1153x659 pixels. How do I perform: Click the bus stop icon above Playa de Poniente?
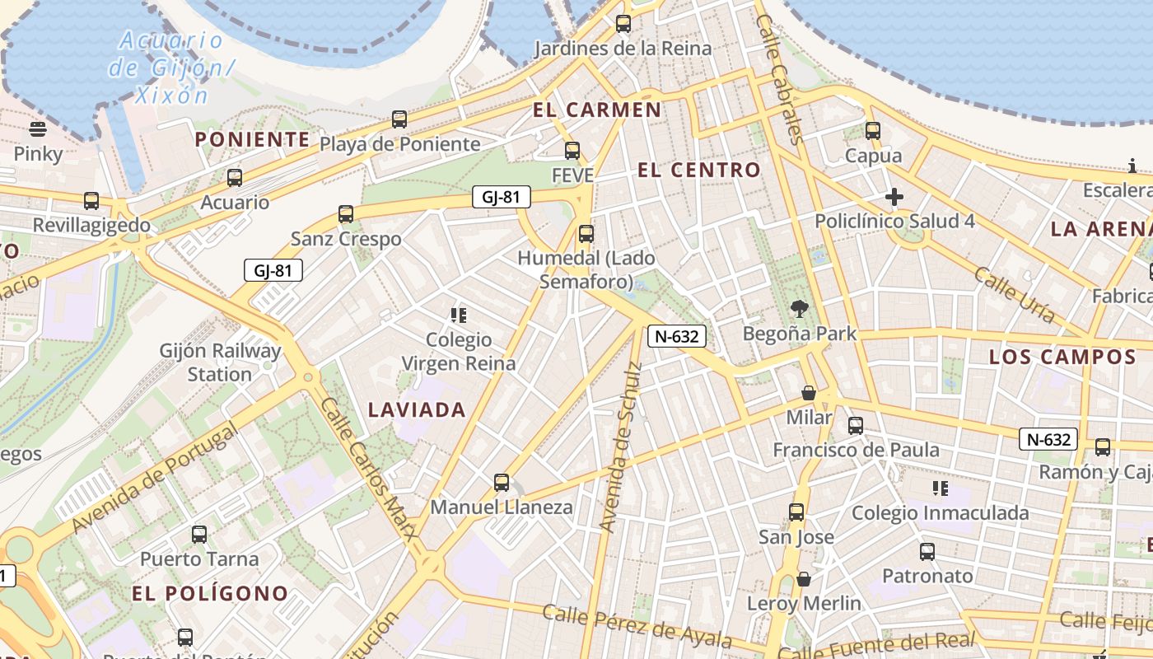pos(399,119)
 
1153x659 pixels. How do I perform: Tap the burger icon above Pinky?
pos(38,129)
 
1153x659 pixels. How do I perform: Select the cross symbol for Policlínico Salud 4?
pos(894,197)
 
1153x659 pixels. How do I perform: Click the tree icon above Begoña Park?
pos(798,310)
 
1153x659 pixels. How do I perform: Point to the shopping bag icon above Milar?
pos(809,393)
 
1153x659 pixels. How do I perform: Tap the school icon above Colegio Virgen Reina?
pos(459,315)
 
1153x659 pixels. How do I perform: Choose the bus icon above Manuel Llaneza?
pos(501,483)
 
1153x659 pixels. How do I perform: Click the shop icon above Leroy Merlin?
pos(804,579)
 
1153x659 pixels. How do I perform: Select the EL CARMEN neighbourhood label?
pos(597,110)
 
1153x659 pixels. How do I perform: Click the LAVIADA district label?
pos(417,409)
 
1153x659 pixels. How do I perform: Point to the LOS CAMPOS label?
pos(1062,358)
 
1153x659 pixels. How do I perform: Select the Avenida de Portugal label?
pos(154,478)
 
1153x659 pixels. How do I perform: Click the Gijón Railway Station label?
pos(220,362)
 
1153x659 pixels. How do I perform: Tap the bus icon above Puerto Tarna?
pos(199,535)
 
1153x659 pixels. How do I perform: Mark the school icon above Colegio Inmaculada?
pos(940,488)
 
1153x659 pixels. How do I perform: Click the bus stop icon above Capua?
pos(873,131)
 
